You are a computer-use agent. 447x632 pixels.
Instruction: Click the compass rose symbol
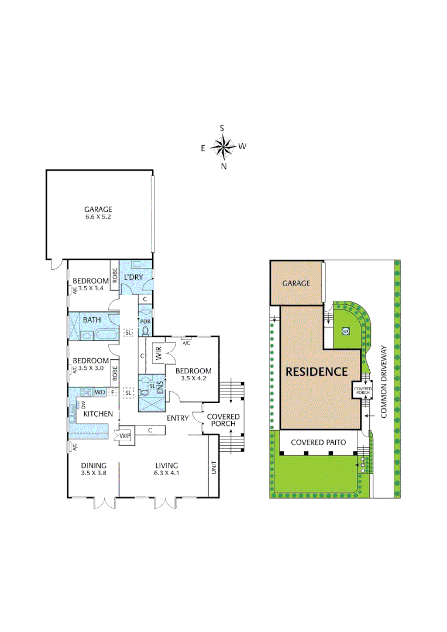[x=222, y=146]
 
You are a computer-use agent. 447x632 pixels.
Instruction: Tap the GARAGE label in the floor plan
[x=98, y=209]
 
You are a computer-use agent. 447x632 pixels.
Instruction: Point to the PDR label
[x=145, y=321]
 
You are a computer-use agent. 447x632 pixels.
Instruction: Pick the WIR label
[x=158, y=353]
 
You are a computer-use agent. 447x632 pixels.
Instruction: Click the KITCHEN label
[x=98, y=414]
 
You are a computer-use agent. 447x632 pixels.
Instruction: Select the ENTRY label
[x=177, y=418]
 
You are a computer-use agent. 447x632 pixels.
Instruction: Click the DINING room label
[x=94, y=465]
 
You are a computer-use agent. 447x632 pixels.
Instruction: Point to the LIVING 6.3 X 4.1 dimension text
[x=166, y=473]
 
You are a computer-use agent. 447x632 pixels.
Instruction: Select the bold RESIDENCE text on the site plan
[x=317, y=372]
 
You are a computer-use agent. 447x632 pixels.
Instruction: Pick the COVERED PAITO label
[x=318, y=443]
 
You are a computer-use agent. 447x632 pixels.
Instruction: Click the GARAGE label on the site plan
[x=296, y=283]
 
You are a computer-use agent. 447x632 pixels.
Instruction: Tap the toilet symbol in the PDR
[x=145, y=331]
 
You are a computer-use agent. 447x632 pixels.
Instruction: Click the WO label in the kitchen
[x=99, y=391]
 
